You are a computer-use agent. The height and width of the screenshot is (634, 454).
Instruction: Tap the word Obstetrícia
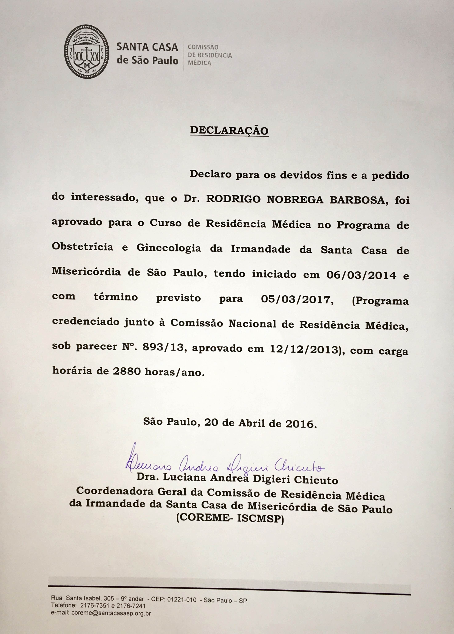(82, 247)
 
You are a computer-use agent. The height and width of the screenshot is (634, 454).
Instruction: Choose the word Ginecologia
(169, 248)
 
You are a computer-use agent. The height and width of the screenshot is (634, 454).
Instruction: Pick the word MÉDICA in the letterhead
(199, 63)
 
